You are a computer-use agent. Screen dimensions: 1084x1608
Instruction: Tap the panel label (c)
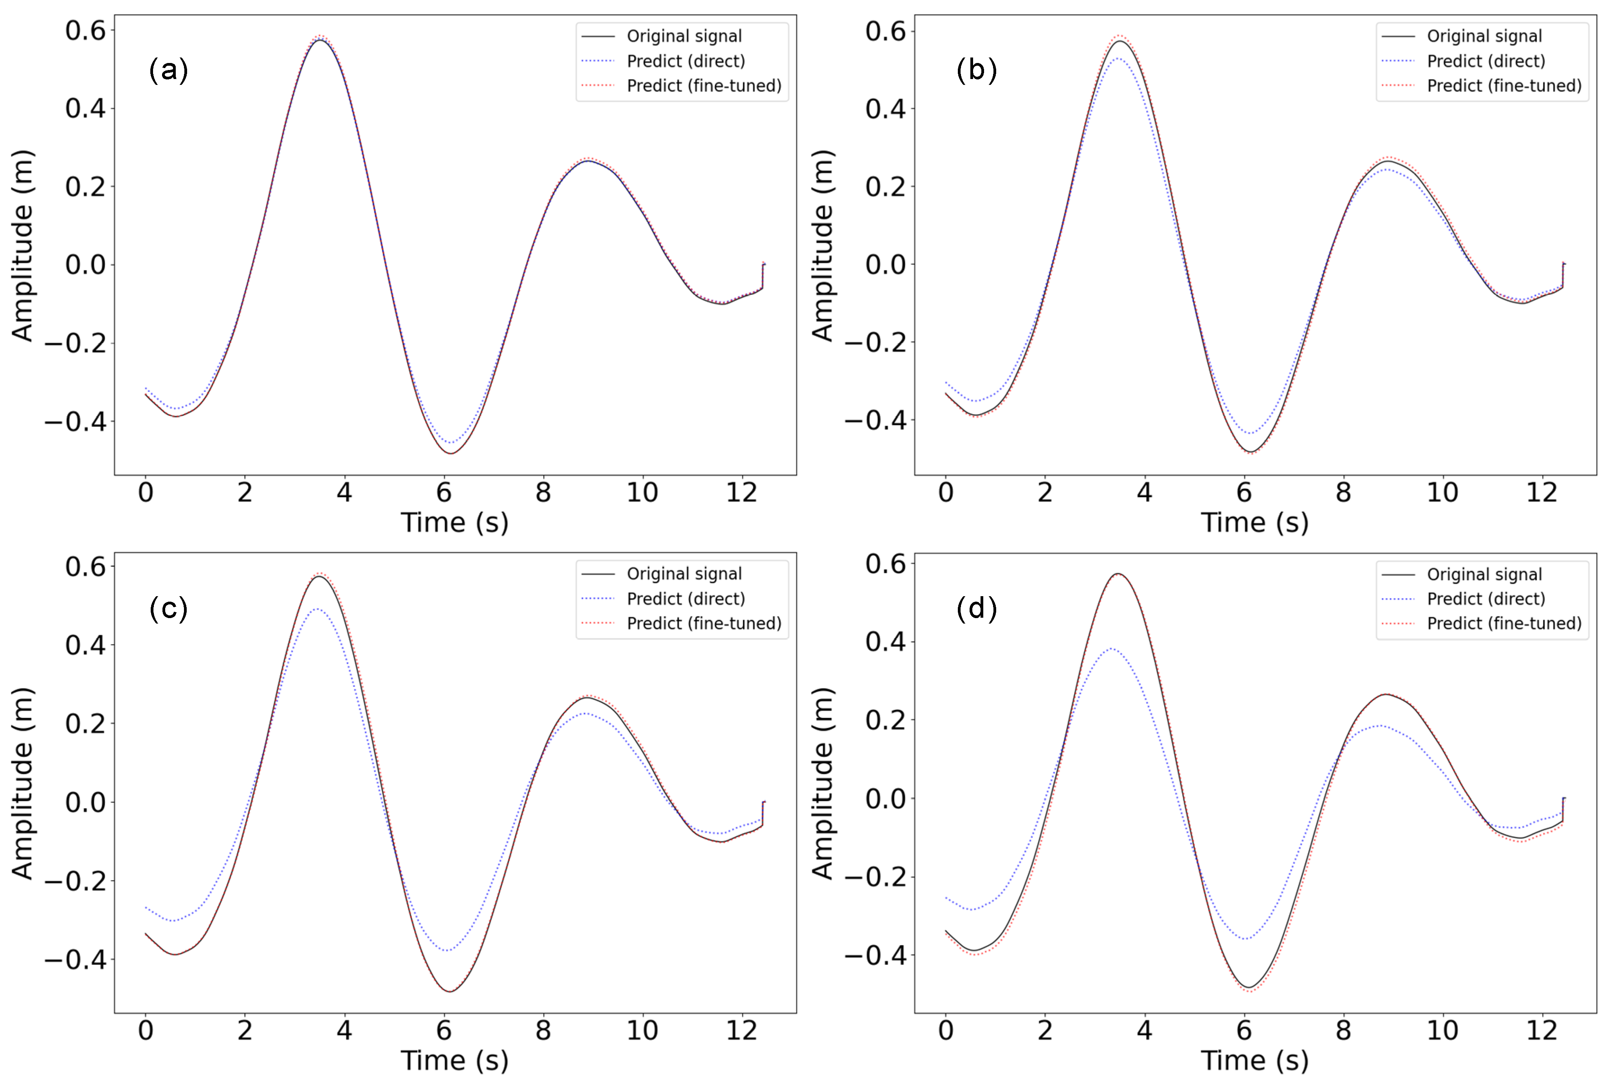pyautogui.click(x=168, y=608)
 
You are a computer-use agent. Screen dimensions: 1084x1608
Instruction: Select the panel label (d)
pyautogui.click(x=976, y=608)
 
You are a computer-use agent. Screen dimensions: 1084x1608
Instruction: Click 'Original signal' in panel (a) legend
pyautogui.click(x=683, y=36)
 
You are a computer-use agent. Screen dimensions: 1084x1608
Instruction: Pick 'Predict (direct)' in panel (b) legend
pyautogui.click(x=1485, y=61)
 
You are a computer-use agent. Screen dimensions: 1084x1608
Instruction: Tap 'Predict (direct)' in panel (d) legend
pyautogui.click(x=1485, y=599)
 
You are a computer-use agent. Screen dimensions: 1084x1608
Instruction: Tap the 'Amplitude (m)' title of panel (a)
pyautogui.click(x=22, y=245)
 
